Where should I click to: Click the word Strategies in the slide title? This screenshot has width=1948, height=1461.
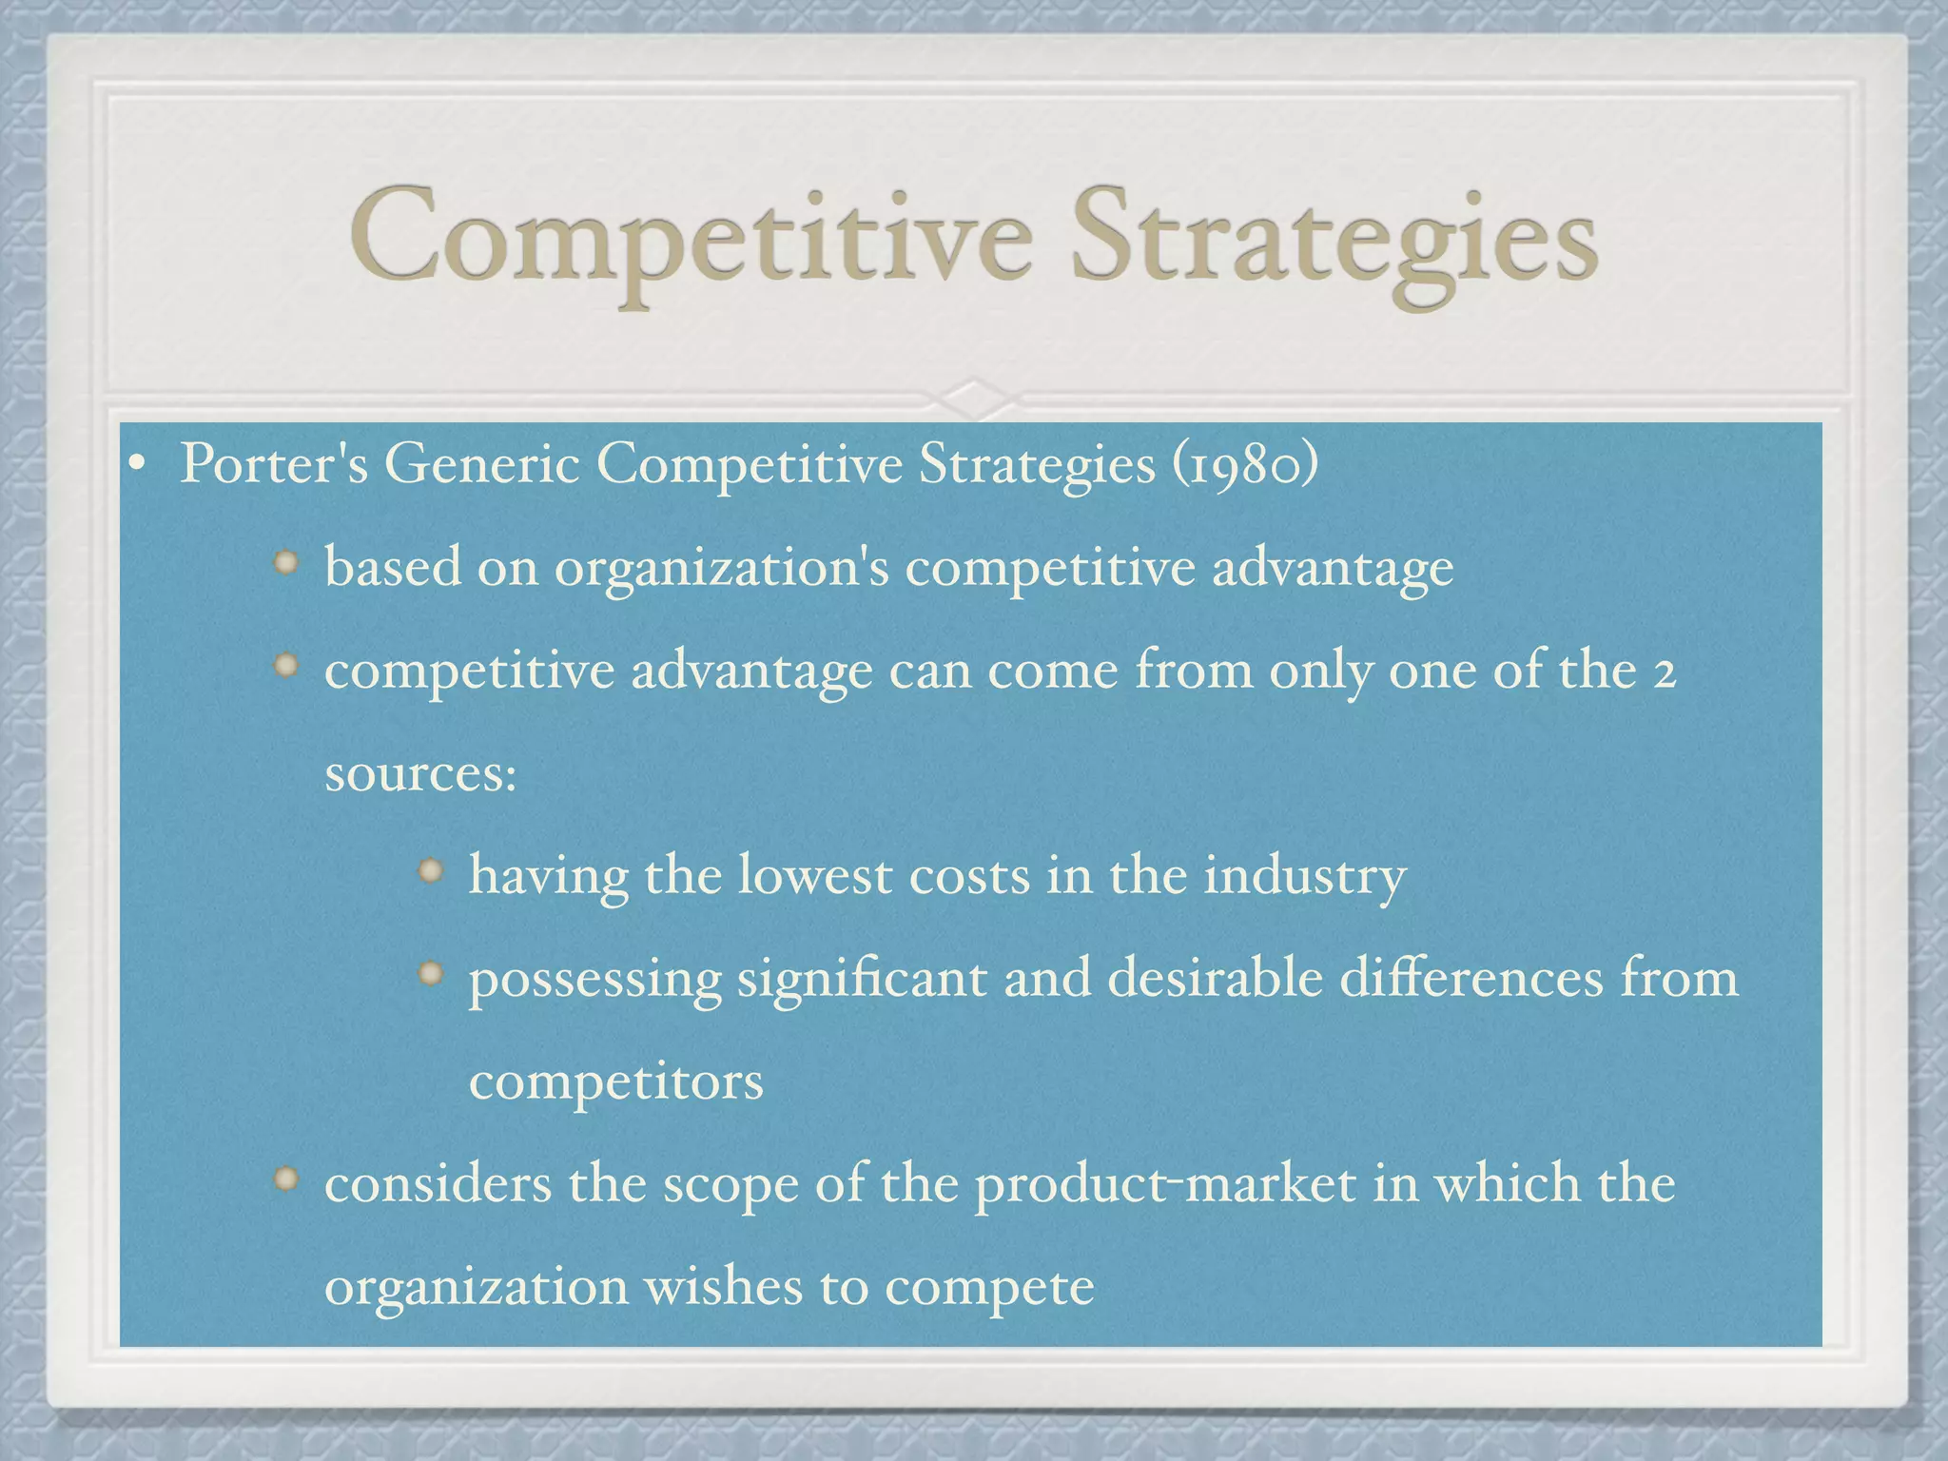pyautogui.click(x=1334, y=240)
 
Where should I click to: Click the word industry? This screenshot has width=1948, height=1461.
pyautogui.click(x=1304, y=876)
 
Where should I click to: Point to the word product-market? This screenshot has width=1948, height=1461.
pyautogui.click(x=1165, y=1185)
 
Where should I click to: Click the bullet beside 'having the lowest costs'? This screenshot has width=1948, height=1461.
pyautogui.click(x=431, y=869)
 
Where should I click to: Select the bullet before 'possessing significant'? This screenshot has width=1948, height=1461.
pyautogui.click(x=431, y=972)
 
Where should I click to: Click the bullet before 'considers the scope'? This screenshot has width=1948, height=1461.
pyautogui.click(x=286, y=1179)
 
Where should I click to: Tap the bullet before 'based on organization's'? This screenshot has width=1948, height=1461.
pyautogui.click(x=286, y=562)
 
